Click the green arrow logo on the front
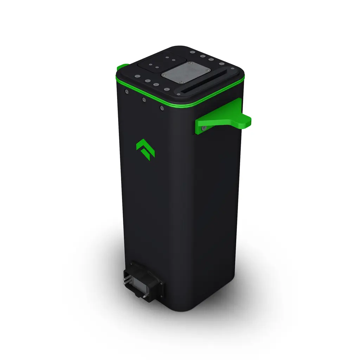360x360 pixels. [x=146, y=149]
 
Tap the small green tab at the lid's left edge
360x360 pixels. [x=122, y=66]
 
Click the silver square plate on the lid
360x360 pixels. [x=185, y=74]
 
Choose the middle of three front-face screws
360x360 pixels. [x=144, y=100]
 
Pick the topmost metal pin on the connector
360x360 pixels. [x=126, y=278]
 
